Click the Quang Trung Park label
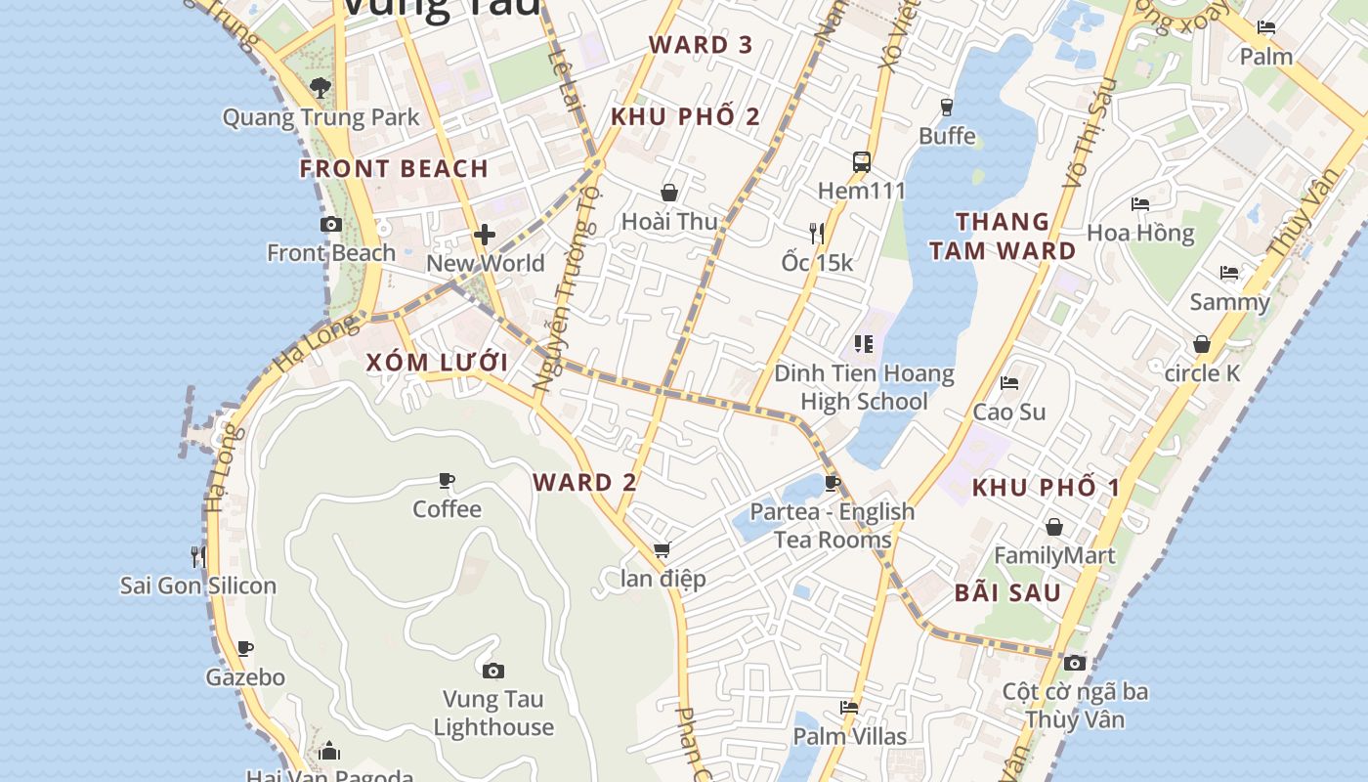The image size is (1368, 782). [321, 117]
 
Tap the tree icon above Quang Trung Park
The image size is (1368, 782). [320, 88]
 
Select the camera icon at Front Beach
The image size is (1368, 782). [331, 225]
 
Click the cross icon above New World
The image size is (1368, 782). [485, 235]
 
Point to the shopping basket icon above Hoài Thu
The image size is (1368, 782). [669, 193]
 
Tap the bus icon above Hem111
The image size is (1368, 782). [861, 161]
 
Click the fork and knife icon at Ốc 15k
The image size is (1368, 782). [817, 233]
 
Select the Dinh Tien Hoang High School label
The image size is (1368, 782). [864, 387]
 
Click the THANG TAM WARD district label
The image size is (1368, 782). [1003, 236]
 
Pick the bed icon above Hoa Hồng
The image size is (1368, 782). [1140, 204]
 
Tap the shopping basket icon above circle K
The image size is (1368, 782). [1202, 344]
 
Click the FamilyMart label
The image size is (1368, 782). [1054, 556]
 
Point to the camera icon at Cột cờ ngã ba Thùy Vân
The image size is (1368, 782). [1075, 664]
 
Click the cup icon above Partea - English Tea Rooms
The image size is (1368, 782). [832, 483]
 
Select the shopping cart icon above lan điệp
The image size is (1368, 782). [663, 550]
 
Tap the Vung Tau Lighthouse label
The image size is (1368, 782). [493, 713]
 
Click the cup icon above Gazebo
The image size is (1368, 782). [245, 648]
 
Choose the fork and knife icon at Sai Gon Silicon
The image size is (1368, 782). [198, 557]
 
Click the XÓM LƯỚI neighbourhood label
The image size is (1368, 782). [437, 362]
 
